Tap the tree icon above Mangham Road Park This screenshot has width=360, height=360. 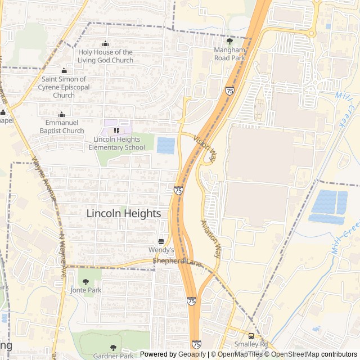pos(229,41)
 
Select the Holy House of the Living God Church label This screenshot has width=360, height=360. pos(106,56)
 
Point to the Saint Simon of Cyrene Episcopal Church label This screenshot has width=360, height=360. pos(64,87)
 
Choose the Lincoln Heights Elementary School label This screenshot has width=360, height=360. pos(116,143)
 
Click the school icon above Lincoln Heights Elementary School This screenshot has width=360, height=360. pos(116,131)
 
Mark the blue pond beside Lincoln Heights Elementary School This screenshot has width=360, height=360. pos(165,146)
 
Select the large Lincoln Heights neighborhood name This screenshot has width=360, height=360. pos(124,214)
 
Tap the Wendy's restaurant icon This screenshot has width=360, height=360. pos(161,241)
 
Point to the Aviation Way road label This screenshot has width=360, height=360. pos(211,238)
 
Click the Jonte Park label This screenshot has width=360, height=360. pos(85,290)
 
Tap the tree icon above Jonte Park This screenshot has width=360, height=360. pos(85,281)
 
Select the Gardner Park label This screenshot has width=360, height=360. pos(114,355)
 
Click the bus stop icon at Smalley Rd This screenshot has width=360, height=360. pos(251,336)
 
